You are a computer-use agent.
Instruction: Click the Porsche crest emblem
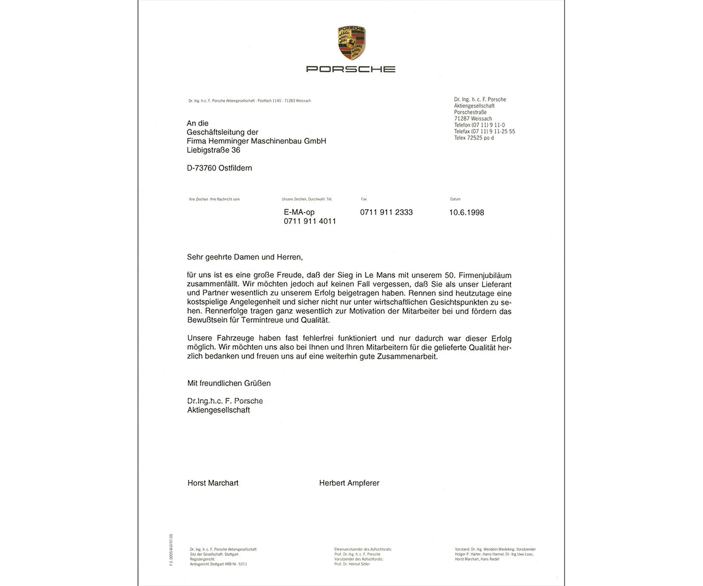(x=351, y=43)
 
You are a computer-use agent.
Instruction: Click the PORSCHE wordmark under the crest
(x=351, y=69)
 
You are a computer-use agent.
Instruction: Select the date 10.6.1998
(x=466, y=213)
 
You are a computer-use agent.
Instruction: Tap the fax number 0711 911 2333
(x=386, y=212)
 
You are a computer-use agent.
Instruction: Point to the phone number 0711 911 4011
(x=309, y=222)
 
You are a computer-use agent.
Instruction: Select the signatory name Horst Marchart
(x=213, y=483)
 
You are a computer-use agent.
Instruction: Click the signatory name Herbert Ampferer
(x=349, y=483)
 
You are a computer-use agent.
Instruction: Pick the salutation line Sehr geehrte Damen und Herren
(x=245, y=257)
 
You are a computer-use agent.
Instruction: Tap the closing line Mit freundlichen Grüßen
(x=228, y=383)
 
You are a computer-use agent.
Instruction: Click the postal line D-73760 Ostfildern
(x=219, y=168)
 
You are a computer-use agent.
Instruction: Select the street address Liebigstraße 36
(x=213, y=150)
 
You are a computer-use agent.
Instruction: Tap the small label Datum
(x=455, y=199)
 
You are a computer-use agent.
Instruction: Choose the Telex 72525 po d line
(x=474, y=138)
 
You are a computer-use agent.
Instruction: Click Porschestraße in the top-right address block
(x=473, y=112)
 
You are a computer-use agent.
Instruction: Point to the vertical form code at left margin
(x=171, y=549)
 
